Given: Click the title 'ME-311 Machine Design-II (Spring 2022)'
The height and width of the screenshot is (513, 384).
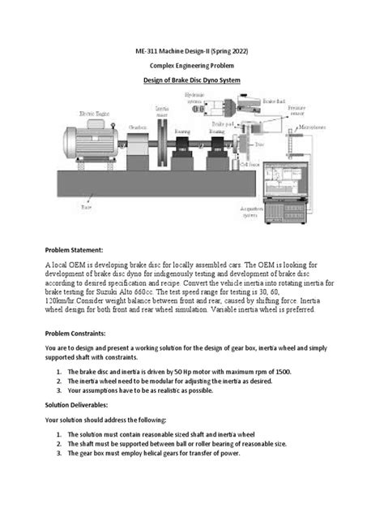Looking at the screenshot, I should (192, 51).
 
